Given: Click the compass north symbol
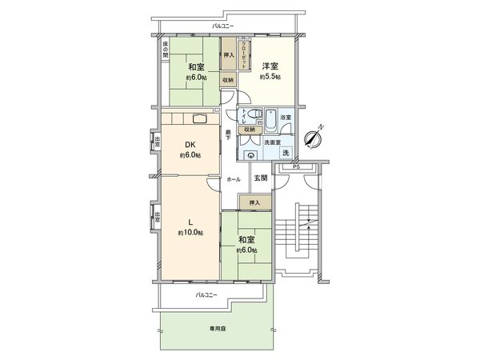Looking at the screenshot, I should [x=314, y=138].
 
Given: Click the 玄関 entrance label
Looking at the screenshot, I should [x=261, y=178].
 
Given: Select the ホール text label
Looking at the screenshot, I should [x=234, y=179].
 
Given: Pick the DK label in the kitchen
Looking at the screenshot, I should [x=190, y=145].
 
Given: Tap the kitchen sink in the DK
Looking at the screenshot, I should [x=198, y=120].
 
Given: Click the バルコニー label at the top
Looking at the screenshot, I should [x=223, y=27].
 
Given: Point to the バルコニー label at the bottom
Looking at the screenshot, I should [x=206, y=295].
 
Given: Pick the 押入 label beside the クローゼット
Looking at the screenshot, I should [x=228, y=56].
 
